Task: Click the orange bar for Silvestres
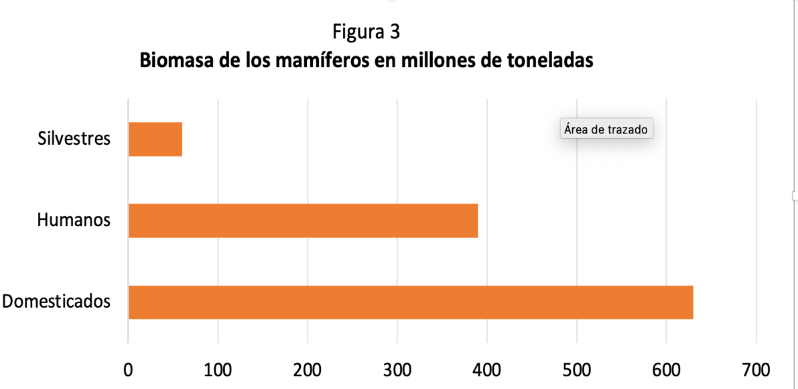click(x=155, y=140)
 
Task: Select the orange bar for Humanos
click(x=303, y=221)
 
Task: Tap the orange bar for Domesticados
click(x=410, y=302)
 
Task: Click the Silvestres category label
click(x=74, y=140)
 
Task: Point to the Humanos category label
click(x=74, y=220)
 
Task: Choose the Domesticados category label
click(x=56, y=301)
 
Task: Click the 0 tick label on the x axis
click(x=128, y=370)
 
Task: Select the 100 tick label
click(x=218, y=370)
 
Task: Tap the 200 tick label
click(x=308, y=370)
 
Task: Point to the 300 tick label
click(x=397, y=370)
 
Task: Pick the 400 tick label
click(x=487, y=370)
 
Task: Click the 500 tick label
click(x=577, y=370)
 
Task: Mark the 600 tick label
click(x=667, y=370)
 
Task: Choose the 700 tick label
click(x=756, y=370)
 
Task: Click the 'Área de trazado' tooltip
click(x=606, y=129)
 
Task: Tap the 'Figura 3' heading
click(x=366, y=32)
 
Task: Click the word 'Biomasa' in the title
click(x=174, y=60)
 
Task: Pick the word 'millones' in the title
click(x=435, y=60)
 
